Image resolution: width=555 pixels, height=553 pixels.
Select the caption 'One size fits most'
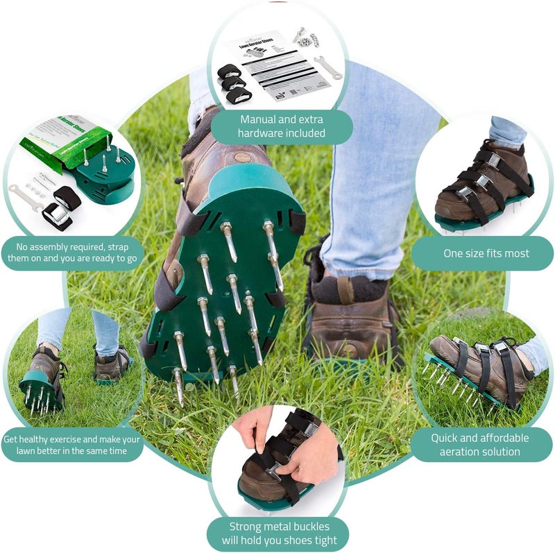[x=486, y=253]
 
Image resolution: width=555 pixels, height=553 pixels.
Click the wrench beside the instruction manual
[x=327, y=67]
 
